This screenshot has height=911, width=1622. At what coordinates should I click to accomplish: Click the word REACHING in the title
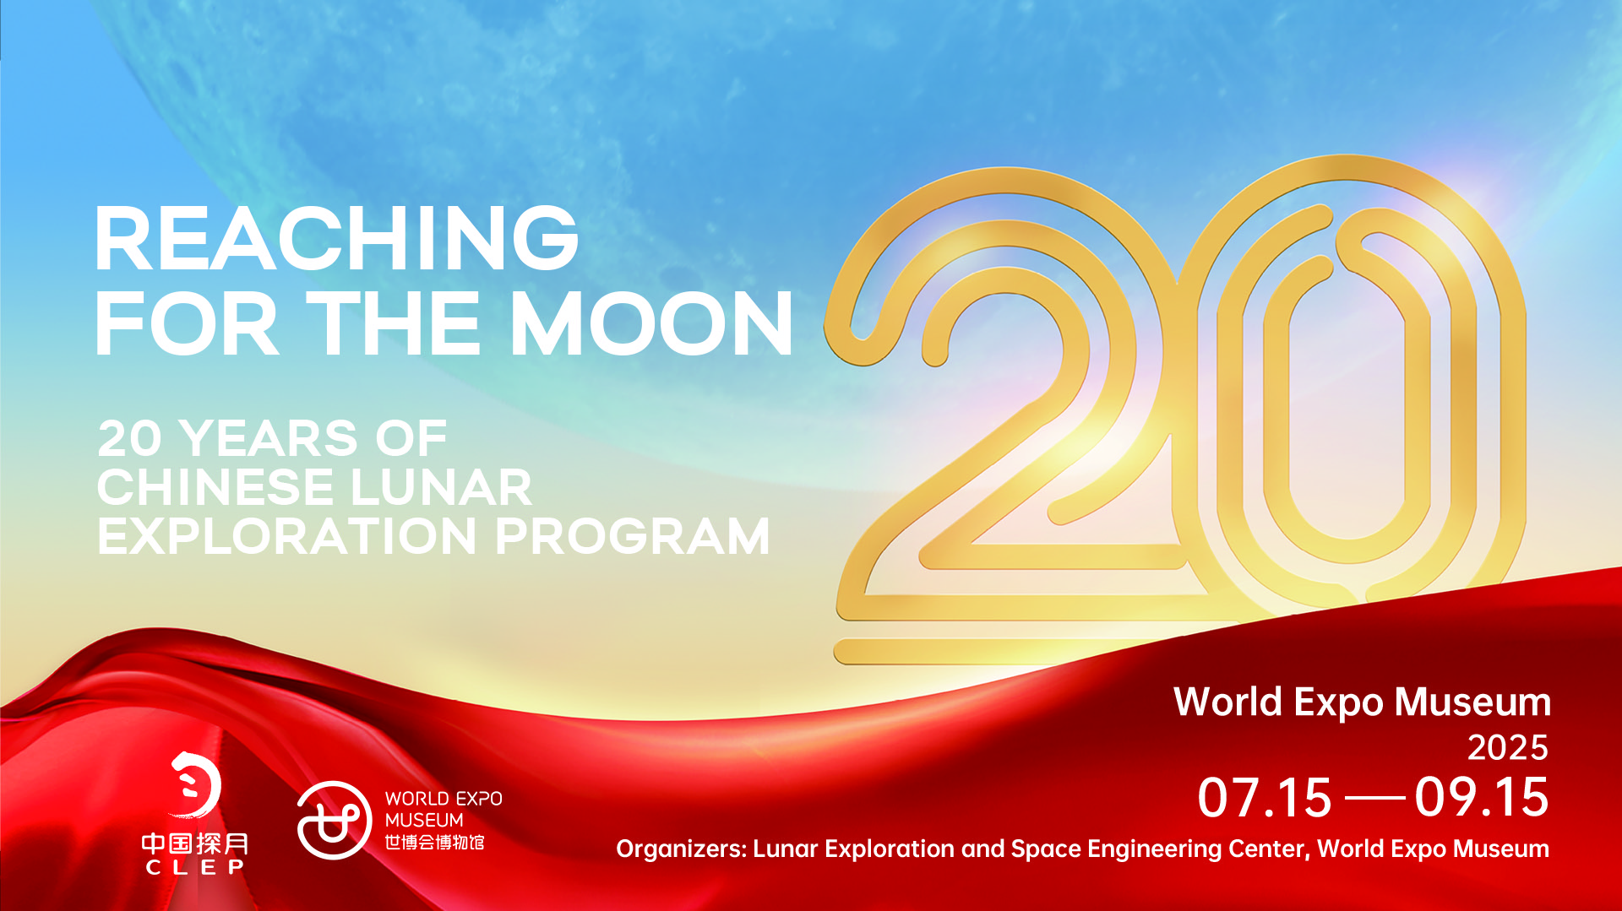(x=337, y=239)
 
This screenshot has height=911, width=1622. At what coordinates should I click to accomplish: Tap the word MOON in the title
(x=651, y=323)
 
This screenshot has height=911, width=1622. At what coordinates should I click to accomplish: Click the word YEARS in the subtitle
(x=269, y=438)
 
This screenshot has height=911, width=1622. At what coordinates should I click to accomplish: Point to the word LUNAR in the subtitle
(x=440, y=487)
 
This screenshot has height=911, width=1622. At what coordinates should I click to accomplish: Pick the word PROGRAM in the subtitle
(x=633, y=536)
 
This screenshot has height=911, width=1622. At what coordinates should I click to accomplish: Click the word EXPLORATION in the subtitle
(x=287, y=536)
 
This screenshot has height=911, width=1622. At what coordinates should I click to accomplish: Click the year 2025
(x=1508, y=747)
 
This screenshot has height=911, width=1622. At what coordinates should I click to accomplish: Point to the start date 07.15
(x=1265, y=798)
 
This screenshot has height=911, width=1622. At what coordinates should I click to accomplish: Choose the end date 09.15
(x=1483, y=798)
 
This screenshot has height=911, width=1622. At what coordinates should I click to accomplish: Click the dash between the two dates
(x=1374, y=798)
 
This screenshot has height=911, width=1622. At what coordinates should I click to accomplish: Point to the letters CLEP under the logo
(x=195, y=867)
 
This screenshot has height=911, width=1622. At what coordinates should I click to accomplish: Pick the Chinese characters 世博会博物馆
(x=434, y=843)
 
